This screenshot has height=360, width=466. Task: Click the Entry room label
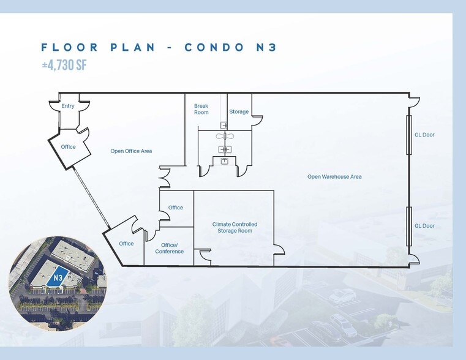[x=68, y=106]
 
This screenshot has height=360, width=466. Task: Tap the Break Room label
[x=201, y=109]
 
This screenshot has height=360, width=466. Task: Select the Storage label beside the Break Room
[x=239, y=111]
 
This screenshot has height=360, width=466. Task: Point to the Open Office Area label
[x=131, y=151]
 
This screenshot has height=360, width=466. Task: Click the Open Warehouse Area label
[x=334, y=177]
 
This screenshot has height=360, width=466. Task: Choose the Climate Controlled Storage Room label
[x=235, y=228]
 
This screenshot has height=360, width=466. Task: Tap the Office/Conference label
[x=170, y=248]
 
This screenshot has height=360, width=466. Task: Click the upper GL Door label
[x=424, y=135]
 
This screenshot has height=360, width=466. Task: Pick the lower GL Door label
[x=424, y=226]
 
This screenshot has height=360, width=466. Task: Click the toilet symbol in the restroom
[x=225, y=137]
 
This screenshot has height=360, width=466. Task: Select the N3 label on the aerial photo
[x=58, y=278]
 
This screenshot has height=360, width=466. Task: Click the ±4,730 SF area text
[x=64, y=65]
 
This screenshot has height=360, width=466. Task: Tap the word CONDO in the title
[x=214, y=47]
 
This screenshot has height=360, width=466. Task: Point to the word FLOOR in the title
[x=70, y=47]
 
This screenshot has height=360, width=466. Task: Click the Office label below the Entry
[x=68, y=147]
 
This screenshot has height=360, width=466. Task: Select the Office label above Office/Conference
[x=176, y=208]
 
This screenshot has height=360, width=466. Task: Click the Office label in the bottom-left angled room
[x=126, y=244]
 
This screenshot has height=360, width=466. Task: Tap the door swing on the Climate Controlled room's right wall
[x=280, y=250]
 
